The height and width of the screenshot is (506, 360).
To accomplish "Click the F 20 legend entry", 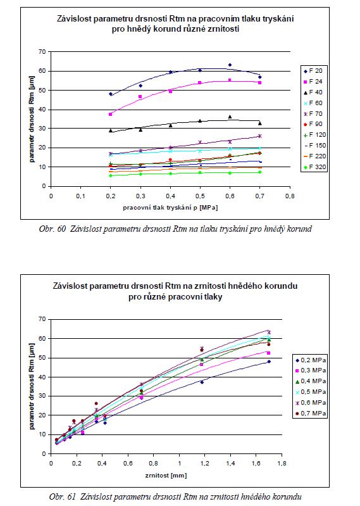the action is pos(313,71).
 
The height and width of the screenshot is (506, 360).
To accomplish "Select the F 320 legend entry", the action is pos(315,167).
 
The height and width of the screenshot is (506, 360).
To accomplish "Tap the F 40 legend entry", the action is pos(313,92).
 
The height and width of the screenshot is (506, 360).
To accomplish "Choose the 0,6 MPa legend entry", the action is pos(311,403).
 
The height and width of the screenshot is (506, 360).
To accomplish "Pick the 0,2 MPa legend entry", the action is pos(311,360).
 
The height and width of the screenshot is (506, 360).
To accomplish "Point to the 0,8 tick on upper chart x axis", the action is pos(290,196).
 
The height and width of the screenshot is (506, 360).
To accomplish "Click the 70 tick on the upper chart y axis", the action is pos(43,52).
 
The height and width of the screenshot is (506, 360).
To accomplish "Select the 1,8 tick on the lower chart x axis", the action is pos(282,464).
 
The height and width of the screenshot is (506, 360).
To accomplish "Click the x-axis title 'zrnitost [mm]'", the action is pos(166,476).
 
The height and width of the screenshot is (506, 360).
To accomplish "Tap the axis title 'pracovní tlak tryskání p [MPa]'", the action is pos(170,208).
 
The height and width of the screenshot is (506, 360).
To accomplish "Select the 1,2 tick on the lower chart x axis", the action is pos(204,464).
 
